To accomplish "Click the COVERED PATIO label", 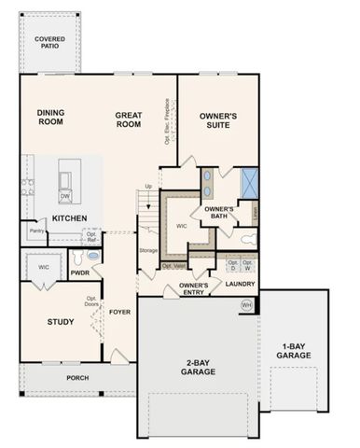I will pos(49,42).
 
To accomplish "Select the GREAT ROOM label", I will pos(128,119).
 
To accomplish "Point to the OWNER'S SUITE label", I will pos(218,120).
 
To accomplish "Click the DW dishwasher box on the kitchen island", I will pos(65,196).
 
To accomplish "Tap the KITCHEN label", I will pos(70,218).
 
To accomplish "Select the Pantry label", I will pos(36,231).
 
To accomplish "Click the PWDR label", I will pos(78,273).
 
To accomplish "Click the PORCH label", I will pos(77,378).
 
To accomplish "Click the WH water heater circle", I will pos(246,304).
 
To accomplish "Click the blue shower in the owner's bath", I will pos(249,180).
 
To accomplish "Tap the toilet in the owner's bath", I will pos(247,240).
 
